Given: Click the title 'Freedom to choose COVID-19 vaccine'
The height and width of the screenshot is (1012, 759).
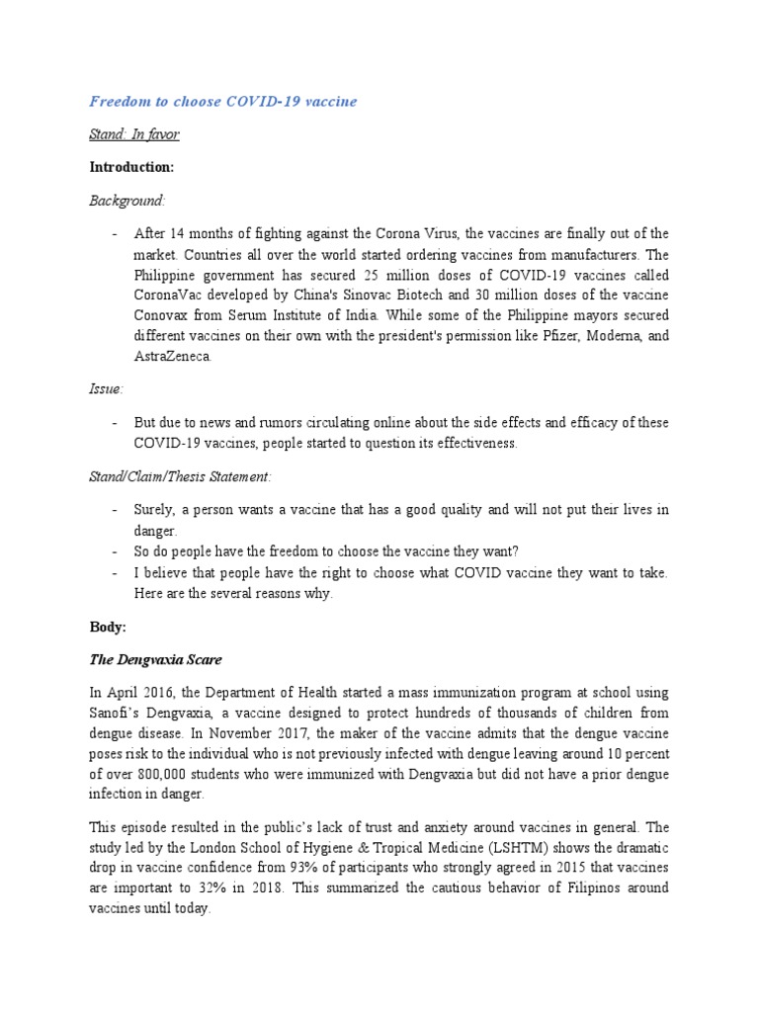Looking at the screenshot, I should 223,101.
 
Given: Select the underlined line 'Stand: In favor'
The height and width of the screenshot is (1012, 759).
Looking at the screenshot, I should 134,134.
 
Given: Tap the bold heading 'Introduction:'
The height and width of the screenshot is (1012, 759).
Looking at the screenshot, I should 131,167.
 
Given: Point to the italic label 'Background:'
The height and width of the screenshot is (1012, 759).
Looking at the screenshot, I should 127,201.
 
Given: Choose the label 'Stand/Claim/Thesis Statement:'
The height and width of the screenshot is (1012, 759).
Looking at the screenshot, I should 180,477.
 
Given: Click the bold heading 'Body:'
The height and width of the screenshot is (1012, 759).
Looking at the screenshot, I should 108,627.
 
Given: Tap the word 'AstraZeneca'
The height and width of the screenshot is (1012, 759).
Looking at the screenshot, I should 173,356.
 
